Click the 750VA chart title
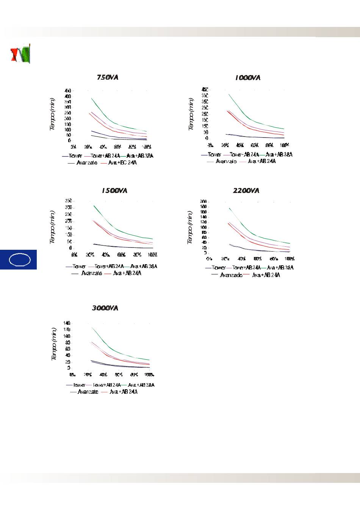point(108,78)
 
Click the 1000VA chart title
point(247,78)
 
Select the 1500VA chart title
point(114,191)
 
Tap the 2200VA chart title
point(246,191)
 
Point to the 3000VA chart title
point(105,308)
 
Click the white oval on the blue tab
point(19,260)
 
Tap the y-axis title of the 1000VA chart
point(191,114)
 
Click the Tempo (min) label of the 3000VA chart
point(54,345)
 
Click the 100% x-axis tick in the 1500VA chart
point(152,255)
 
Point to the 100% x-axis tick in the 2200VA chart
point(290,259)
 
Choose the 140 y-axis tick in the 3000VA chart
point(67,323)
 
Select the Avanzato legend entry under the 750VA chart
point(86,163)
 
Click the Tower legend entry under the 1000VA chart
point(214,155)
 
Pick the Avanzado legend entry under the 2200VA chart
point(231,275)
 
